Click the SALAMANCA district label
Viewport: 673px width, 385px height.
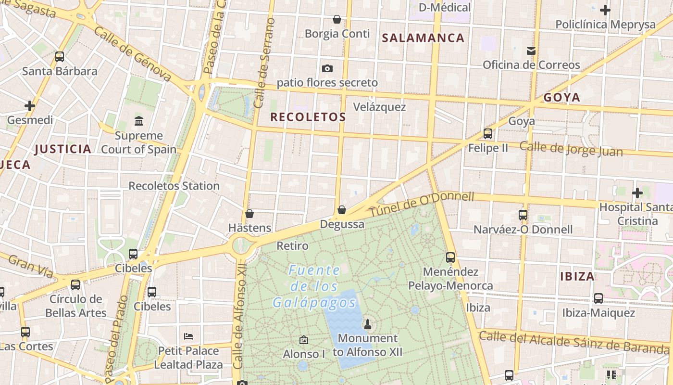[x=423, y=38]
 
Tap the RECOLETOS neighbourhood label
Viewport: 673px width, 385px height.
[x=308, y=117]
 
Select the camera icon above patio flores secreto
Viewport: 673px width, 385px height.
[x=327, y=69]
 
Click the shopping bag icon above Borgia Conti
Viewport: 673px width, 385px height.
[x=337, y=19]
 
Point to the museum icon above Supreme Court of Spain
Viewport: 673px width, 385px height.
[x=139, y=121]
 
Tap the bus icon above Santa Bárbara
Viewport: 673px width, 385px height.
[x=60, y=57]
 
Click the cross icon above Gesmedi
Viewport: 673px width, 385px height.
[x=30, y=105]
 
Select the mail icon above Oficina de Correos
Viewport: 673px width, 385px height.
[x=531, y=51]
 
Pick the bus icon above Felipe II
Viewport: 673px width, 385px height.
[x=488, y=133]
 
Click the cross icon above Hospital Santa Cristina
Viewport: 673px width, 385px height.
[x=637, y=193]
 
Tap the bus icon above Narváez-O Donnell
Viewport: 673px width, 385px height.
[x=523, y=215]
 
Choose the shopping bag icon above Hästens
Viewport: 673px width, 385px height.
[x=249, y=214]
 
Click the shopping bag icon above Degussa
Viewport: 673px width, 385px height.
[x=342, y=210]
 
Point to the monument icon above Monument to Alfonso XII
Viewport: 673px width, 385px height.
[x=368, y=324]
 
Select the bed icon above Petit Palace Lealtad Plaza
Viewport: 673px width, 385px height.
[x=188, y=336]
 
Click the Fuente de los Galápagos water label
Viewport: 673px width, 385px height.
[x=314, y=287]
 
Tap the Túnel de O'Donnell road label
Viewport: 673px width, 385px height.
[x=422, y=204]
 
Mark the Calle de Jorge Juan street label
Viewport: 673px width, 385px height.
[x=571, y=149]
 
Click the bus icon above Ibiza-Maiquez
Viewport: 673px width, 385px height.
[x=598, y=298]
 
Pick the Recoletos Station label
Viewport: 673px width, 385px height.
[x=174, y=186]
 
